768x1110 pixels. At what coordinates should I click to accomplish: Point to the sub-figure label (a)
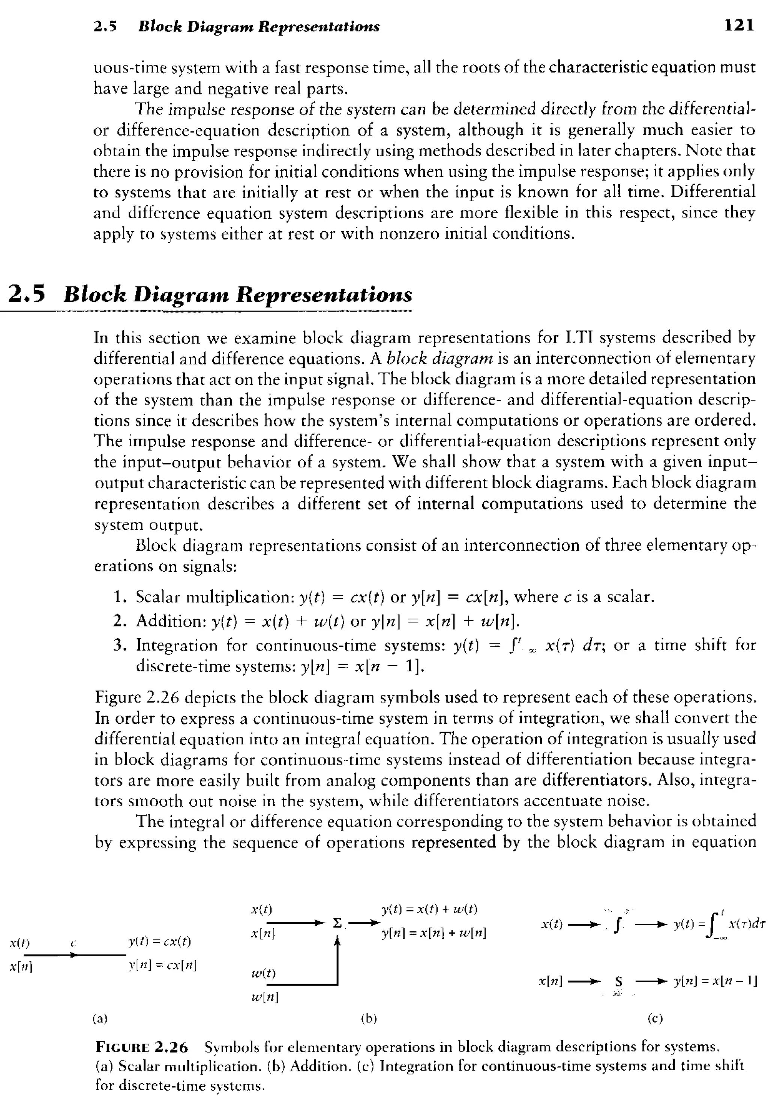(100, 1018)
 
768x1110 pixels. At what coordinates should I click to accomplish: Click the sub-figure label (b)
(369, 1018)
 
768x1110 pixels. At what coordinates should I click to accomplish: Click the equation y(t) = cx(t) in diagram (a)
(159, 941)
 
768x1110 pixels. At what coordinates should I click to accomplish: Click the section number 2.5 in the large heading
(27, 294)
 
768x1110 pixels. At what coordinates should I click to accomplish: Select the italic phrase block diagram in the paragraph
(440, 358)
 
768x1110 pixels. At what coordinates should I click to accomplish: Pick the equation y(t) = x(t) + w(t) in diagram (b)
(429, 909)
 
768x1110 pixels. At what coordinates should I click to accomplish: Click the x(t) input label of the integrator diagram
(552, 924)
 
